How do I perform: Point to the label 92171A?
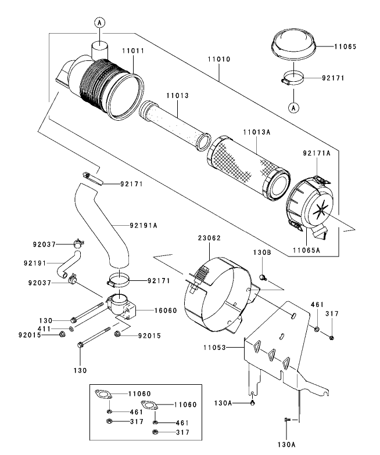point(317,154)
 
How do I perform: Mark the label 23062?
point(208,237)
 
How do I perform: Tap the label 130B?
point(262,252)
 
